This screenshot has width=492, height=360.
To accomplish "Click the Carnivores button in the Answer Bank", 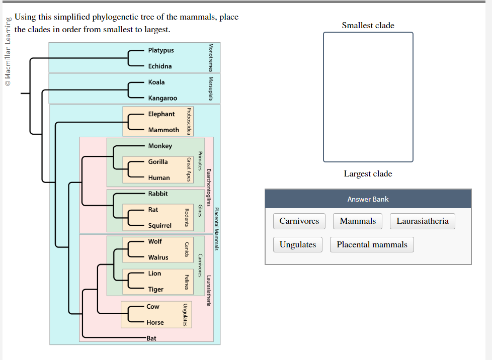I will [x=299, y=221].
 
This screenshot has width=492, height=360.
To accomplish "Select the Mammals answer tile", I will [x=358, y=221].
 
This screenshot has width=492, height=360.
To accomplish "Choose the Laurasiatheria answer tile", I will [x=423, y=221].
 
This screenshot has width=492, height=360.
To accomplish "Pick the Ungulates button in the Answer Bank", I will [x=298, y=245].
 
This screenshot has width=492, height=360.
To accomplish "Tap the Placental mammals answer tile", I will [x=372, y=245].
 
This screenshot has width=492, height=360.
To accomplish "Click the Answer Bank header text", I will [x=368, y=199].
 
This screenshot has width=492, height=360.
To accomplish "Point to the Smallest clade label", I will [x=368, y=25].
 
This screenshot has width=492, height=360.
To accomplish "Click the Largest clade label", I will [x=368, y=174].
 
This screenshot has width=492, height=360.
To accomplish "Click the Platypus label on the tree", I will [x=161, y=50].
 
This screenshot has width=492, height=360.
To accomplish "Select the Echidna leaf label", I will [x=160, y=66].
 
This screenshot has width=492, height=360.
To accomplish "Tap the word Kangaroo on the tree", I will [x=162, y=98].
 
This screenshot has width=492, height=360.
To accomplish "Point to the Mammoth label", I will [x=163, y=130].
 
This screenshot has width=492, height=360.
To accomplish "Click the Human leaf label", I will [x=159, y=177].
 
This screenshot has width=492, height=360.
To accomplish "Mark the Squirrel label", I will [x=160, y=226].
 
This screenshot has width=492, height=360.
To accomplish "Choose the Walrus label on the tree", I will [x=158, y=257].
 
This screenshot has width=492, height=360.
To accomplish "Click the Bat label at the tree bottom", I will [x=151, y=338].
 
